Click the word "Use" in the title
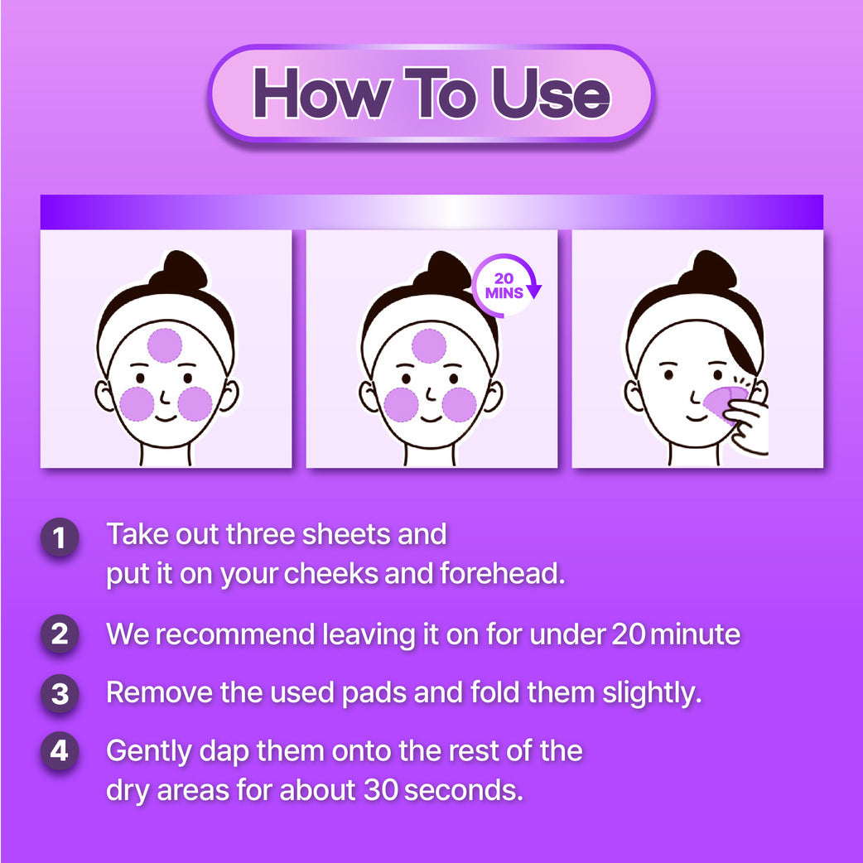click(551, 93)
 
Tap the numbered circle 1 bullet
click(60, 538)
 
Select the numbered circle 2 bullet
click(60, 634)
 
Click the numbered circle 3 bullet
click(60, 693)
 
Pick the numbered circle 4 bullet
click(60, 750)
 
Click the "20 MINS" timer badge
click(504, 286)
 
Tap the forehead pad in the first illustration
click(165, 345)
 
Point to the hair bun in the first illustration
click(180, 271)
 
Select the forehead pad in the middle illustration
click(429, 346)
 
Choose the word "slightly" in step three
click(652, 693)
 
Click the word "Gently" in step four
click(148, 752)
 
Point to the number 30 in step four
click(381, 790)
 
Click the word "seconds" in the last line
click(463, 790)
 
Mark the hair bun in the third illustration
click(708, 270)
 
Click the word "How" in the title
click(323, 93)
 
